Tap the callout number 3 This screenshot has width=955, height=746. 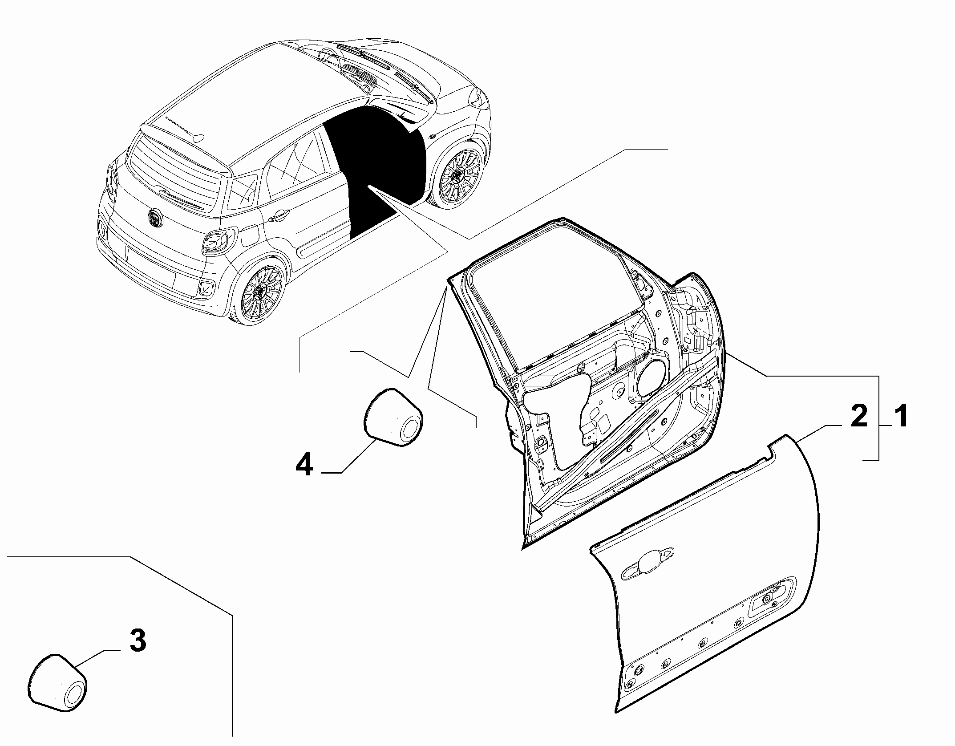click(x=137, y=641)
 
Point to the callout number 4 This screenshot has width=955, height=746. click(x=304, y=464)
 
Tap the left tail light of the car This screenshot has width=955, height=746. click(x=111, y=180)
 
